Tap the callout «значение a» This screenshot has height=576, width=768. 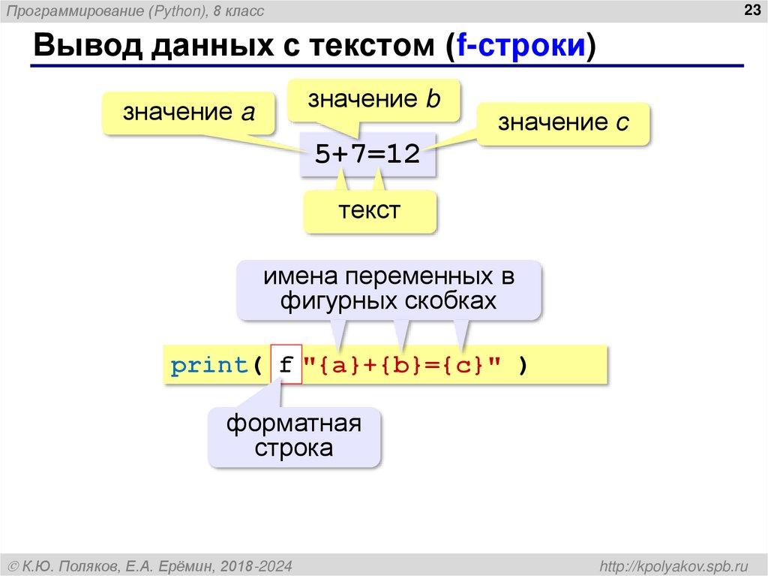[190, 113]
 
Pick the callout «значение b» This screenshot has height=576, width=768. [373, 100]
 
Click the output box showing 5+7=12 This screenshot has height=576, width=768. [367, 154]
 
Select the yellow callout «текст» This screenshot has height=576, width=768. [370, 210]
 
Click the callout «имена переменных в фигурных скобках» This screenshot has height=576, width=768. [388, 288]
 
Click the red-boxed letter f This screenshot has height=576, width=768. [286, 366]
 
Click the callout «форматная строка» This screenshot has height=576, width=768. [294, 436]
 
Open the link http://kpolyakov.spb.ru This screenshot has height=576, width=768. [675, 564]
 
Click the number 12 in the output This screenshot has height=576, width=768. [403, 154]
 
